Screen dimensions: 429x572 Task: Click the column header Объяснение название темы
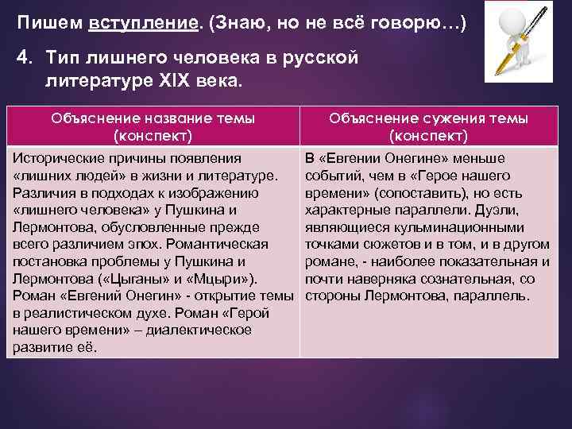coord(153,118)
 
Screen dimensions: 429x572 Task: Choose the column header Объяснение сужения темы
coord(429,118)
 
